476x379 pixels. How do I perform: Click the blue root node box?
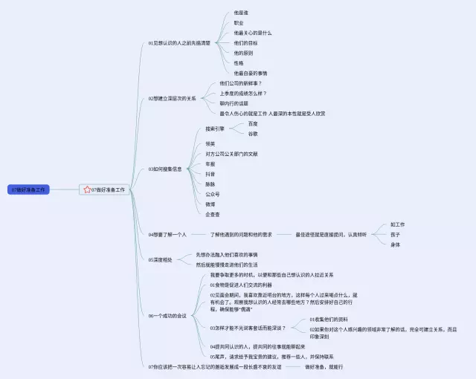pyautogui.click(x=29, y=189)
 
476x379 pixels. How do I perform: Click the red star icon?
pyautogui.click(x=87, y=189)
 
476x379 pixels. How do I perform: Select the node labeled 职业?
pyautogui.click(x=238, y=23)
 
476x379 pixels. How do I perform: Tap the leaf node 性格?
pyautogui.click(x=238, y=63)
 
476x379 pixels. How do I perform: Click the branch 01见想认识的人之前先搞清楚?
pyautogui.click(x=178, y=43)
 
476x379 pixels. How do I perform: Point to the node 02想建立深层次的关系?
pyautogui.click(x=172, y=98)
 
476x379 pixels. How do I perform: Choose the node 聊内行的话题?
pyautogui.click(x=234, y=103)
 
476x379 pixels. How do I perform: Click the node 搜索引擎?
pyautogui.click(x=215, y=129)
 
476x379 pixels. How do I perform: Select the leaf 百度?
pyautogui.click(x=253, y=123)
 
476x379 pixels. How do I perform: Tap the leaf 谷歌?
pyautogui.click(x=253, y=134)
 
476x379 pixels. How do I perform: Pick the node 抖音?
pyautogui.click(x=210, y=174)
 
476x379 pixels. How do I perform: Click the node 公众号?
pyautogui.click(x=212, y=194)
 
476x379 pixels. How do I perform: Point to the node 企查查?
pyautogui.click(x=212, y=214)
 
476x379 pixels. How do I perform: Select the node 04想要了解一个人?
pyautogui.click(x=167, y=234)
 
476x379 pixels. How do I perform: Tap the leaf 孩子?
pyautogui.click(x=395, y=234)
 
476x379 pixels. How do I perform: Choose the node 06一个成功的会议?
pyautogui.click(x=167, y=315)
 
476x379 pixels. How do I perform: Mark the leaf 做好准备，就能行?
pyautogui.click(x=324, y=366)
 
